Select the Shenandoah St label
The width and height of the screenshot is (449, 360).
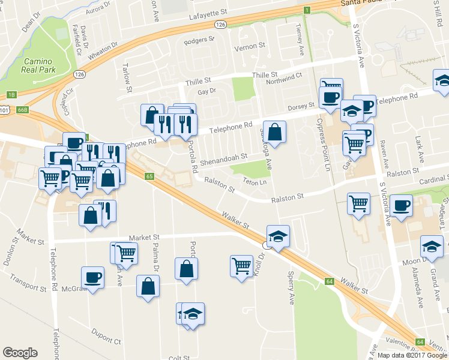click(224, 156)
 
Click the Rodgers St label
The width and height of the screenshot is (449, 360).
click(199, 41)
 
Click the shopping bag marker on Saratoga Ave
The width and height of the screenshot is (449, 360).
click(274, 132)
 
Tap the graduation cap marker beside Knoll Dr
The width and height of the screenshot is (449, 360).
click(278, 236)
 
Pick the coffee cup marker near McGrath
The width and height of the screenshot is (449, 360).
click(92, 277)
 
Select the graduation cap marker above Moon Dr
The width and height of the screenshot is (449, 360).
click(432, 247)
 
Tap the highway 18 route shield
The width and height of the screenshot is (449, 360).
click(11, 95)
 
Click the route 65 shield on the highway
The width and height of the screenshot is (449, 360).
click(149, 176)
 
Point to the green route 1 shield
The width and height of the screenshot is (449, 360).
click(306, 10)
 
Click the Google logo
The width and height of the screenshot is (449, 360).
click(20, 353)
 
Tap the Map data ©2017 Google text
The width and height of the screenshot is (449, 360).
click(412, 355)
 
